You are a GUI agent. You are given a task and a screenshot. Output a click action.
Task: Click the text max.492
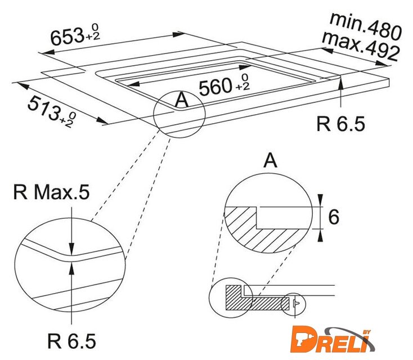(361, 46)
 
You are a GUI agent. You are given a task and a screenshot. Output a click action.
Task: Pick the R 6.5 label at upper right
(340, 124)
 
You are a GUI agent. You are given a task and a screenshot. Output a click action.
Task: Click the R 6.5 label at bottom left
(71, 341)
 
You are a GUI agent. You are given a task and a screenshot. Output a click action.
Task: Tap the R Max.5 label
(51, 192)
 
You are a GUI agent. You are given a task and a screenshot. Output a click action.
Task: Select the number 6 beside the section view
(334, 217)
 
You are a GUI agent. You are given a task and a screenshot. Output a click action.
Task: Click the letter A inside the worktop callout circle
(182, 100)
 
